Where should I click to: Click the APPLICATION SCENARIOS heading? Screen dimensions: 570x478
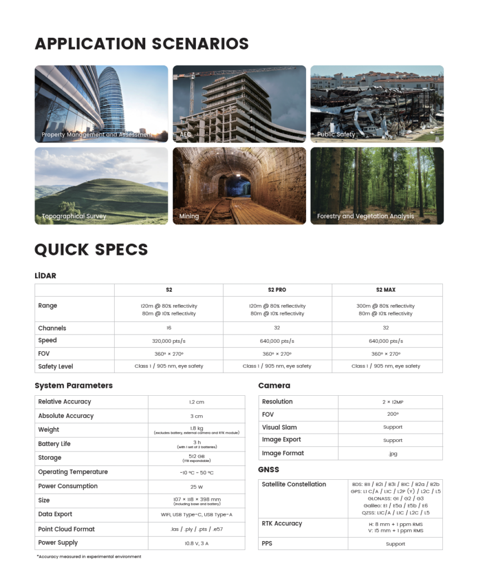(x=141, y=43)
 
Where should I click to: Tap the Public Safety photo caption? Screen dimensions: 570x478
(x=336, y=135)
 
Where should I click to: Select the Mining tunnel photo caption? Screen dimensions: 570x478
(x=189, y=216)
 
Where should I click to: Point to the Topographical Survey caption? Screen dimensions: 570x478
(x=73, y=216)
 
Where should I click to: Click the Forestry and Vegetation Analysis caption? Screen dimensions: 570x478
(x=365, y=216)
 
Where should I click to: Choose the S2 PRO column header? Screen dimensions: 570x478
(x=277, y=290)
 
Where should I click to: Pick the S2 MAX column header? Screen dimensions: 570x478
(x=386, y=290)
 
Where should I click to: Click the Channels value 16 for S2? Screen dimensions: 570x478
(x=169, y=328)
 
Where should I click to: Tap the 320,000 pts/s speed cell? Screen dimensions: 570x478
(x=169, y=341)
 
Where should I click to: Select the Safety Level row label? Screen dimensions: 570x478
(x=56, y=366)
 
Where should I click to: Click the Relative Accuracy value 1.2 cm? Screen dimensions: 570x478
(x=196, y=402)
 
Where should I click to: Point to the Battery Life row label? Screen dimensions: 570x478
(x=54, y=444)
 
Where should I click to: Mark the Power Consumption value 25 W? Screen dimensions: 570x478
(x=196, y=487)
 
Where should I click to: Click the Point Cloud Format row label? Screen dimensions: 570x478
(x=66, y=529)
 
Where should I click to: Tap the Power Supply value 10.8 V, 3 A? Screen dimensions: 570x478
(x=196, y=543)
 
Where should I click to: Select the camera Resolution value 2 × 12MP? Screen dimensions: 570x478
(x=393, y=402)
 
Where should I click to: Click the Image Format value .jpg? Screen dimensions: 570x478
(x=393, y=454)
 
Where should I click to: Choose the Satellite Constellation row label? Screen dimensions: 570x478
(x=294, y=484)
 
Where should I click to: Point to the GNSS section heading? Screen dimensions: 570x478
(x=269, y=470)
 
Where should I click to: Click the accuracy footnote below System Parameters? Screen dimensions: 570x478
(x=88, y=557)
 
